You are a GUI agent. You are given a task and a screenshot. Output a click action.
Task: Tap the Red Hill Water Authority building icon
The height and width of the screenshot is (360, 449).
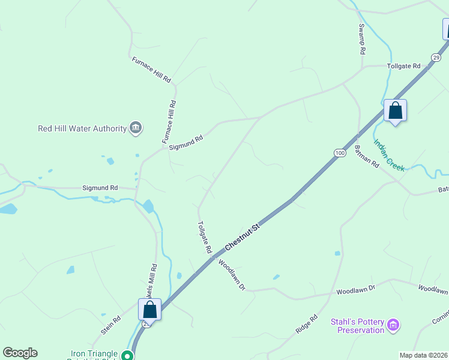click(x=136, y=128)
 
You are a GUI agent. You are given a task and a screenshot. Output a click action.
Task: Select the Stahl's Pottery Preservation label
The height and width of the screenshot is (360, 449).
click(x=357, y=326)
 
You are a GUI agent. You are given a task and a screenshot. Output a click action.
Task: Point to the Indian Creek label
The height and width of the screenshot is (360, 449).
click(x=390, y=154)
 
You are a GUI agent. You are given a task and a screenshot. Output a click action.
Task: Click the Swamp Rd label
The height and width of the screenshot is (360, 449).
click(x=362, y=40)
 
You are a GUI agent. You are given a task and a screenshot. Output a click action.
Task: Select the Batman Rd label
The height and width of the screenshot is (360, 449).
click(x=366, y=156)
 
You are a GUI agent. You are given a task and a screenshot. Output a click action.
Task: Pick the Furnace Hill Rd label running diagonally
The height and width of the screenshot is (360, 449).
click(x=151, y=70)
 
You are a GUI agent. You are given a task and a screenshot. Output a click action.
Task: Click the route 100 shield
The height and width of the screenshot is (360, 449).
click(x=340, y=153)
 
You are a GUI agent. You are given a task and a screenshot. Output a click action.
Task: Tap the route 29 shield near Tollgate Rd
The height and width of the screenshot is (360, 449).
click(x=436, y=57)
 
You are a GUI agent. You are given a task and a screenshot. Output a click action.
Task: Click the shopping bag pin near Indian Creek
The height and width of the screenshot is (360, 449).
click(x=395, y=110)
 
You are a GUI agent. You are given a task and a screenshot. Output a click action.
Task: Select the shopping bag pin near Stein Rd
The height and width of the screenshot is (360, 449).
click(x=149, y=310)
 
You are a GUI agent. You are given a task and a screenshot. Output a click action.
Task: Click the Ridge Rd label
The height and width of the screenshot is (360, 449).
click(x=306, y=325)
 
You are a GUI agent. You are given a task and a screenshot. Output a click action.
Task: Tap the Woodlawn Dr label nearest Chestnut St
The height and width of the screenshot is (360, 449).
click(x=232, y=275)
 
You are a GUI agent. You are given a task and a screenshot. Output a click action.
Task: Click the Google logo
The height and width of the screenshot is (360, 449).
click(x=20, y=352)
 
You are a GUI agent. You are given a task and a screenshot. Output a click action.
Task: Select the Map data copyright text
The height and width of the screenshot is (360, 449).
click(x=423, y=355)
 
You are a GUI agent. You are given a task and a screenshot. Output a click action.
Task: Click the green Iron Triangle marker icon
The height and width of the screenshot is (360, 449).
click(x=127, y=355)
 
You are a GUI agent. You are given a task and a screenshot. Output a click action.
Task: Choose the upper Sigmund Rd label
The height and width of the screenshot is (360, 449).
click(x=186, y=142)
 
